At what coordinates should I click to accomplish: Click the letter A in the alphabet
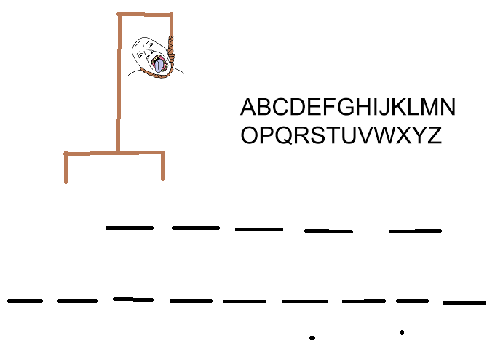pyautogui.click(x=249, y=108)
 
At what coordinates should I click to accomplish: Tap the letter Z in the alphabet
pyautogui.click(x=434, y=135)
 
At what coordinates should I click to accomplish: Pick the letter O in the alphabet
pyautogui.click(x=250, y=135)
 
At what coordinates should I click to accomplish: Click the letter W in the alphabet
pyautogui.click(x=387, y=135)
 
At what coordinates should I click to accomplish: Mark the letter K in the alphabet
pyautogui.click(x=399, y=108)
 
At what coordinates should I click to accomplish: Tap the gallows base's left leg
pyautogui.click(x=66, y=167)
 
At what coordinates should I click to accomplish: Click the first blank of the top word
pyautogui.click(x=130, y=228)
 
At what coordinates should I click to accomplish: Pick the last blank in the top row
pyautogui.click(x=415, y=231)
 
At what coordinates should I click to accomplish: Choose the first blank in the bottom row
pyautogui.click(x=25, y=300)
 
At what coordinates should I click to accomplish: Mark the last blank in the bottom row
pyautogui.click(x=464, y=302)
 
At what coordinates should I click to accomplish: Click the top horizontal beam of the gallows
pyautogui.click(x=145, y=14)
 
